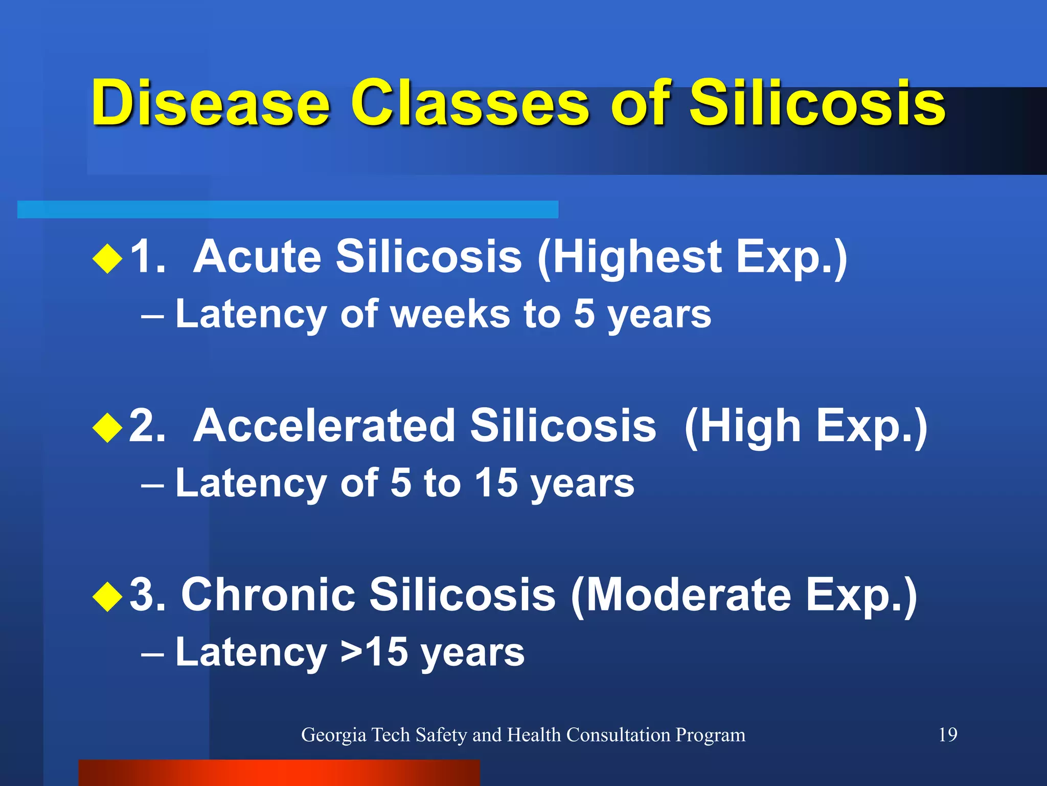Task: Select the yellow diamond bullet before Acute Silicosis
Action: click(108, 258)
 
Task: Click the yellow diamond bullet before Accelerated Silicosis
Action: click(108, 427)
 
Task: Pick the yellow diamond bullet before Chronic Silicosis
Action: click(108, 596)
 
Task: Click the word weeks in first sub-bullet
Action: click(450, 314)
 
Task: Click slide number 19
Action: click(948, 735)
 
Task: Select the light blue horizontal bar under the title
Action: click(287, 209)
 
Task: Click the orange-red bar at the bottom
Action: click(279, 773)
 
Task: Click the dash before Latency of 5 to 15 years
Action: click(152, 484)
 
